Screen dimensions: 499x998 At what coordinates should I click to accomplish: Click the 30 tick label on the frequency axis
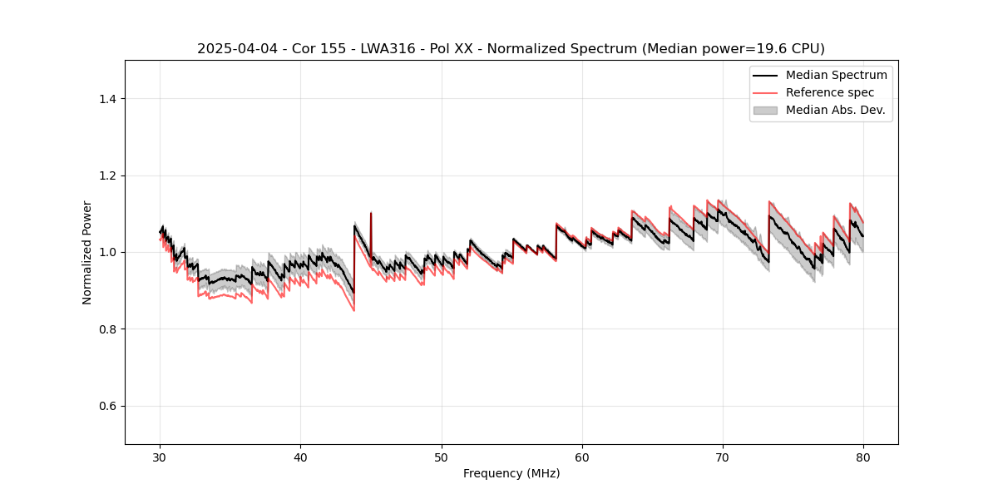(x=161, y=457)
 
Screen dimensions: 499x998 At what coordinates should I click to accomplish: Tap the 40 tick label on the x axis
(x=301, y=457)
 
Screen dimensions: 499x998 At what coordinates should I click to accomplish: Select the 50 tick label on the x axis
(x=442, y=457)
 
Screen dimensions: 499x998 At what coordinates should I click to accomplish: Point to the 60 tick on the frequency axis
(x=582, y=457)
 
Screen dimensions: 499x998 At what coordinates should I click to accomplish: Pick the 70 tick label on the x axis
(x=723, y=457)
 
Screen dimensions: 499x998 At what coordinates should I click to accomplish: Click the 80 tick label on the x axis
(x=863, y=457)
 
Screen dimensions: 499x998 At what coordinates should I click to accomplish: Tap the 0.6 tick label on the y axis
(x=107, y=406)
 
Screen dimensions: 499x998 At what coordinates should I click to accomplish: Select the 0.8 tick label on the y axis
(x=107, y=329)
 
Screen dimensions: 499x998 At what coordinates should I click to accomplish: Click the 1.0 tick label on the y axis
(x=107, y=252)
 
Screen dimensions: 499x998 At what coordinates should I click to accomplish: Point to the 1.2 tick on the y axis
(x=107, y=175)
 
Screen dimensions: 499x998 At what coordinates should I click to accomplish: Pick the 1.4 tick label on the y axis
(x=107, y=99)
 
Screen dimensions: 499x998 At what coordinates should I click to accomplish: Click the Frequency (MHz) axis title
(x=511, y=473)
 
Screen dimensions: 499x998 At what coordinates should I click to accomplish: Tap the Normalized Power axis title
(x=87, y=252)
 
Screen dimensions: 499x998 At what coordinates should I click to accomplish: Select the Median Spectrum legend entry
(x=836, y=75)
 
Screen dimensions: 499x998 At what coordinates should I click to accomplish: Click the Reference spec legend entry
(x=829, y=92)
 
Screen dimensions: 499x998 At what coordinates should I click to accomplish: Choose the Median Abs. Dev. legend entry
(x=835, y=110)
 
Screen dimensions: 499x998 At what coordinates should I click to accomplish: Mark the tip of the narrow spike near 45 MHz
(x=371, y=213)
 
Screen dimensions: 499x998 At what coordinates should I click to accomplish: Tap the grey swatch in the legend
(x=765, y=110)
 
